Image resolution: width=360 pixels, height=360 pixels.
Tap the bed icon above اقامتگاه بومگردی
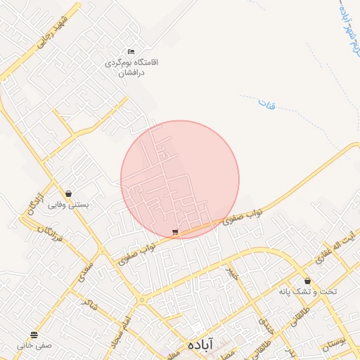[131, 51]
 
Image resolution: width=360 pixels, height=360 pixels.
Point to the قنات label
[266, 105]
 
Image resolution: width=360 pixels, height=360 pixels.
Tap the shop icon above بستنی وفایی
[68, 193]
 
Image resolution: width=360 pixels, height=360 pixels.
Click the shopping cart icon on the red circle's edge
[175, 231]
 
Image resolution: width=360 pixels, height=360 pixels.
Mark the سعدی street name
[86, 268]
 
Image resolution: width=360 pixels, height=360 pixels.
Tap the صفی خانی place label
[35, 345]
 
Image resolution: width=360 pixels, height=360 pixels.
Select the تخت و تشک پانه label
[308, 292]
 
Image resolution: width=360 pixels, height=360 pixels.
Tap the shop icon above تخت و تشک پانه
[308, 281]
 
